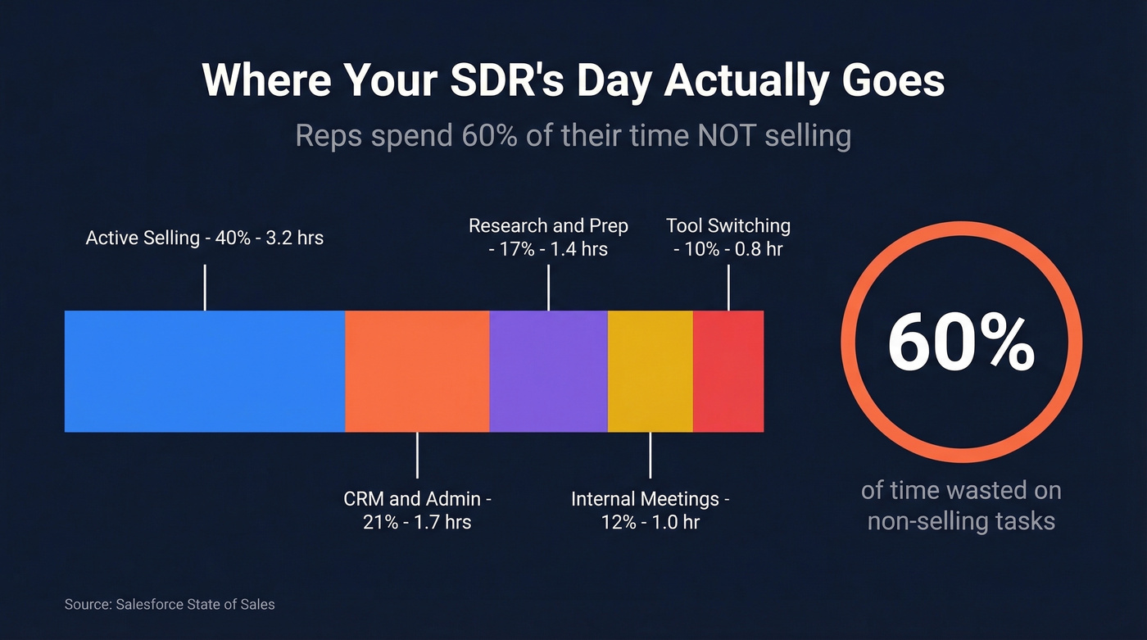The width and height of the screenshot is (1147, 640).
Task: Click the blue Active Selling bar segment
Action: pyautogui.click(x=205, y=371)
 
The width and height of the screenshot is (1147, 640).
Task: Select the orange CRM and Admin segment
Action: pyautogui.click(x=417, y=371)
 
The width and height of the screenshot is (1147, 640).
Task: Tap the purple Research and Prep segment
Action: pyautogui.click(x=548, y=371)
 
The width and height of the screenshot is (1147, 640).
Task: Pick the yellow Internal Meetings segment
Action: pyautogui.click(x=651, y=371)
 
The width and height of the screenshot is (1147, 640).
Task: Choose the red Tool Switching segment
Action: pyautogui.click(x=728, y=371)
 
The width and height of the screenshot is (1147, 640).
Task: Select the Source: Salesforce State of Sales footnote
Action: pyautogui.click(x=170, y=605)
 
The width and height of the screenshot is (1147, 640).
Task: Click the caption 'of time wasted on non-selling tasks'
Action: pyautogui.click(x=961, y=505)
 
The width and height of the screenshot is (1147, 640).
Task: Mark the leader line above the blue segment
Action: pyautogui.click(x=205, y=288)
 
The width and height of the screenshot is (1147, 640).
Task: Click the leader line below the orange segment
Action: pyautogui.click(x=417, y=455)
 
